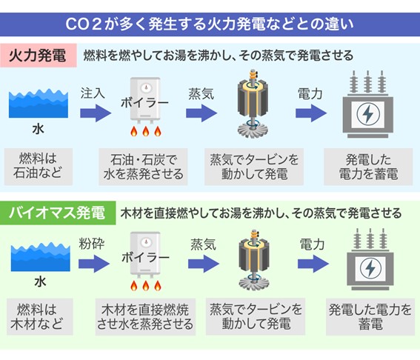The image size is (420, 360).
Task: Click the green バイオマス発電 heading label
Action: [56, 213]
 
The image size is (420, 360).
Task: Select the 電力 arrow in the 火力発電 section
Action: [312, 113]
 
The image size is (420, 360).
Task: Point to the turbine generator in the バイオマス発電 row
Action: [256, 259]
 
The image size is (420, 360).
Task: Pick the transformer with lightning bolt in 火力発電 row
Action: [366, 107]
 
